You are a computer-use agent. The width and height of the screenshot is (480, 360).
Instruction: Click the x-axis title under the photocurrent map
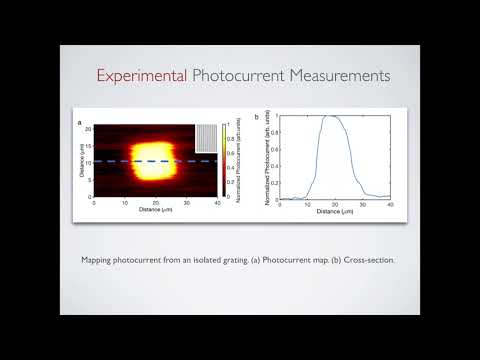pos(155,210)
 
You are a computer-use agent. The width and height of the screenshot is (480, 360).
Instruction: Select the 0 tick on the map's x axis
pos(94,203)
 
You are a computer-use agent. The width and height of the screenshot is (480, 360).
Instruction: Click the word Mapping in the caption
pos(98,260)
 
